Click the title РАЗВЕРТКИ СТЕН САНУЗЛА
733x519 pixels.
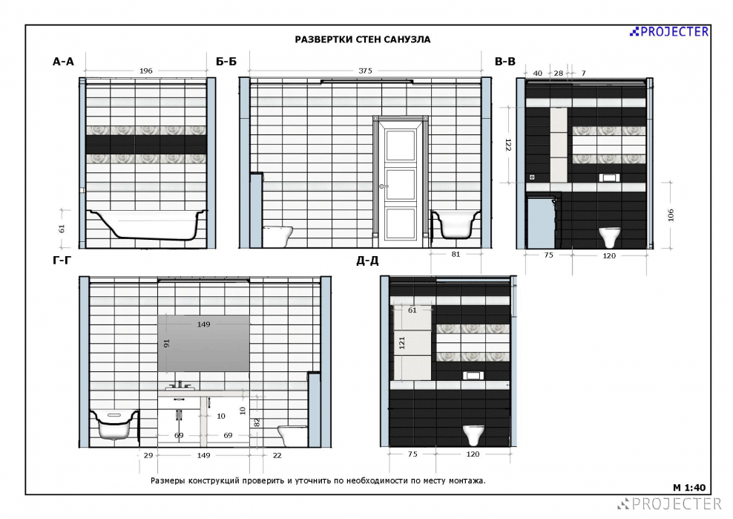tap(362, 40)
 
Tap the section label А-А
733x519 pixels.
tap(63, 62)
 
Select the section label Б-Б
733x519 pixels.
tap(226, 62)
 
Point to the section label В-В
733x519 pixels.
tap(505, 62)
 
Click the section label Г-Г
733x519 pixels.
tap(62, 260)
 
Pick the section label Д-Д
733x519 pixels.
tap(367, 261)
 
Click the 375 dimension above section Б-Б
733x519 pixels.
tap(365, 71)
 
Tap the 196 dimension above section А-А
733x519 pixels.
tap(146, 71)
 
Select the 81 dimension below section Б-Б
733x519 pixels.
tap(456, 254)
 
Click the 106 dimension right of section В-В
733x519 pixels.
tap(671, 215)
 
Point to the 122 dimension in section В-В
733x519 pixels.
tap(508, 145)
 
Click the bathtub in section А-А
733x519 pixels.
tap(147, 225)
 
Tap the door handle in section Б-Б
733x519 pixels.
tap(382, 186)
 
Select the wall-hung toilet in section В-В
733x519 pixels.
tap(610, 237)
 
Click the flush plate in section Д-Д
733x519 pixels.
tap(473, 375)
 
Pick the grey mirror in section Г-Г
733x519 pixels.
tap(203, 344)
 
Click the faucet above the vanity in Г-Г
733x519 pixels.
tap(180, 385)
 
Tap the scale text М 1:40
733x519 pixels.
tap(689, 488)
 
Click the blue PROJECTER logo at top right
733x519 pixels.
tap(669, 32)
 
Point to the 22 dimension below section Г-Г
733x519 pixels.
tap(277, 455)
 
